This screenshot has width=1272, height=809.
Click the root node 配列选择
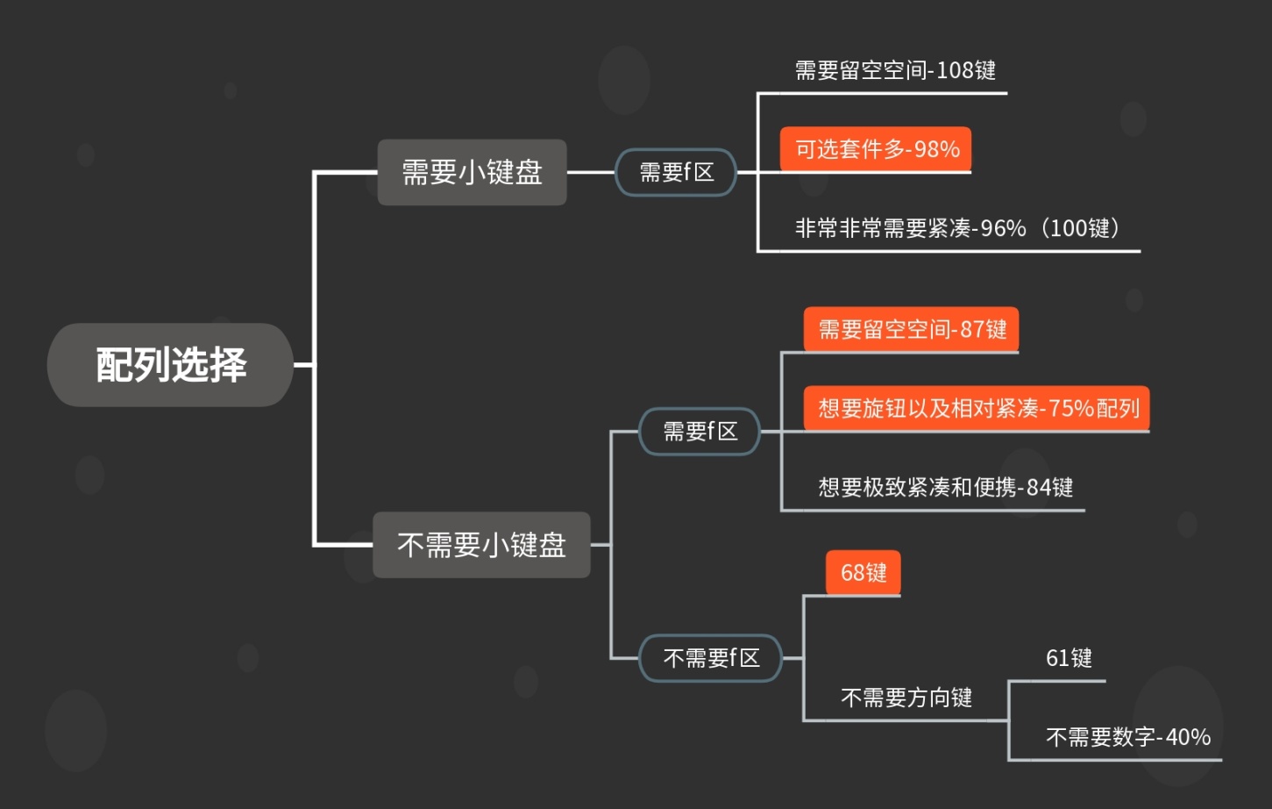point(170,364)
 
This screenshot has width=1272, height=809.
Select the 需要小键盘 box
point(472,172)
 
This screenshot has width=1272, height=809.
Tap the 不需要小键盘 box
point(481,545)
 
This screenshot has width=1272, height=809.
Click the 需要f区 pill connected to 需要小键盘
point(676,172)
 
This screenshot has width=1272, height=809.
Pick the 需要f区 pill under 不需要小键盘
point(700,431)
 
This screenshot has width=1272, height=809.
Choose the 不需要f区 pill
point(710,658)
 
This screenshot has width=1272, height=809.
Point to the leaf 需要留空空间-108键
point(895,70)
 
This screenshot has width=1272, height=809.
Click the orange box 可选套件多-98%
point(876,149)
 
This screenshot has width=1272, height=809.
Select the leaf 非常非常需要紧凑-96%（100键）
point(956,228)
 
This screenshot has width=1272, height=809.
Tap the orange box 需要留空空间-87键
point(912,329)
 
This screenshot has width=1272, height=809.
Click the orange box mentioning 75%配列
point(977,408)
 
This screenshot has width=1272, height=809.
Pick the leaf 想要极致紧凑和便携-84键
point(945,487)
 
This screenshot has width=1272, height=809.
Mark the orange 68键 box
point(863,573)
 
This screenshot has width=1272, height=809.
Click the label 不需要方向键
point(906,698)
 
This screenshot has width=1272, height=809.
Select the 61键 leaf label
point(1069,658)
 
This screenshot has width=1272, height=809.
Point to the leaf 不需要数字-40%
point(1127,737)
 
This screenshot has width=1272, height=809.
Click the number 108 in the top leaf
point(955,70)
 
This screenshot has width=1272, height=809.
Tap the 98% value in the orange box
point(936,149)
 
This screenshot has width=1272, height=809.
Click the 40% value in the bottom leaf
point(1188,737)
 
